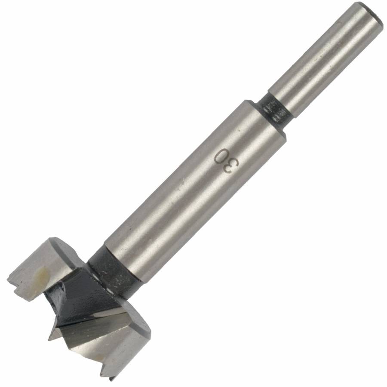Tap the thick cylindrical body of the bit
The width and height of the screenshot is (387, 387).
pyautogui.click(x=193, y=189)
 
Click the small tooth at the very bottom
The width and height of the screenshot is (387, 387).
pyautogui.click(x=111, y=378)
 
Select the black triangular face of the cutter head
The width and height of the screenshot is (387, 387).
pyautogui.click(x=86, y=301)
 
